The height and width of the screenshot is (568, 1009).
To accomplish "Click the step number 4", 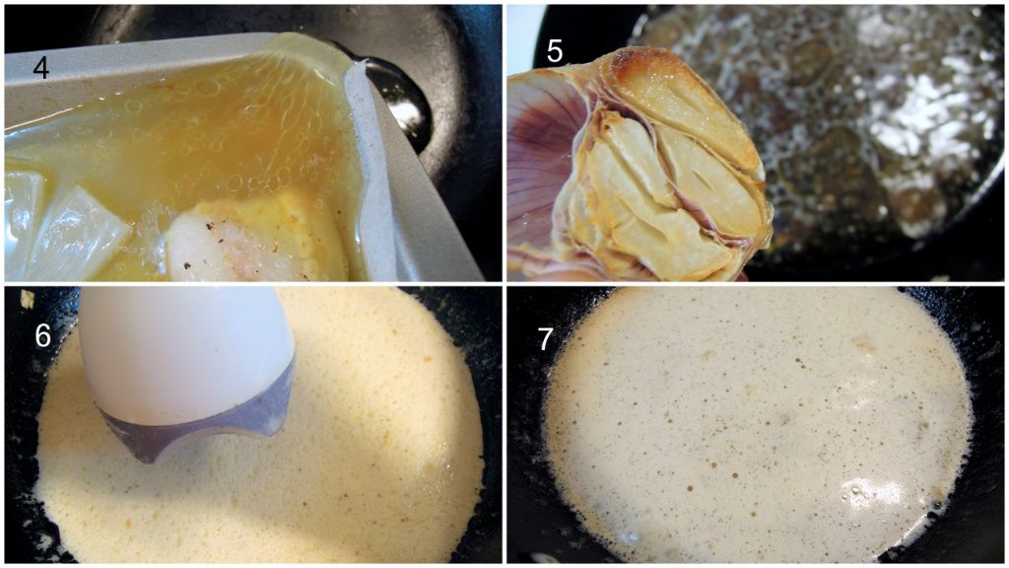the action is (x=40, y=66).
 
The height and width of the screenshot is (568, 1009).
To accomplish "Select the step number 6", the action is (x=42, y=335).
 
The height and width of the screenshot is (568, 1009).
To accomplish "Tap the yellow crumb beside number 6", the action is (x=28, y=298).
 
